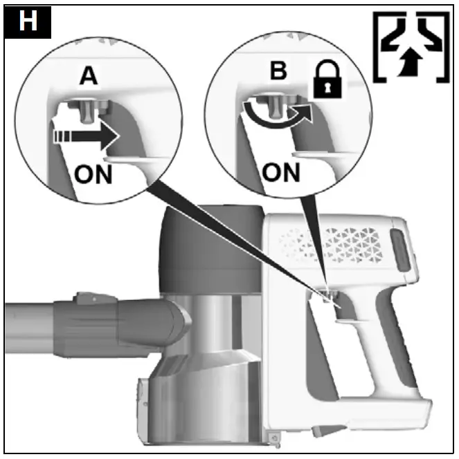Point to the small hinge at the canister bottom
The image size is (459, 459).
pyautogui.click(x=275, y=435)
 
